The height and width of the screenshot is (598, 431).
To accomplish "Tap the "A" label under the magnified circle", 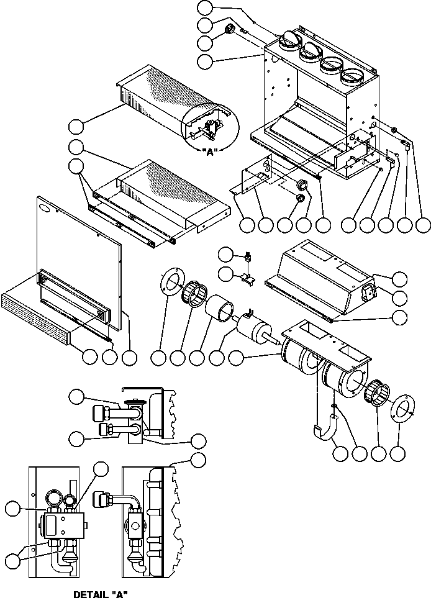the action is [209, 152].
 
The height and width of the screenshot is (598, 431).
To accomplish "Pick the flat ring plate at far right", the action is [402, 408].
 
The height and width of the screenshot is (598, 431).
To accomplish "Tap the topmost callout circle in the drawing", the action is [206, 7].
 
